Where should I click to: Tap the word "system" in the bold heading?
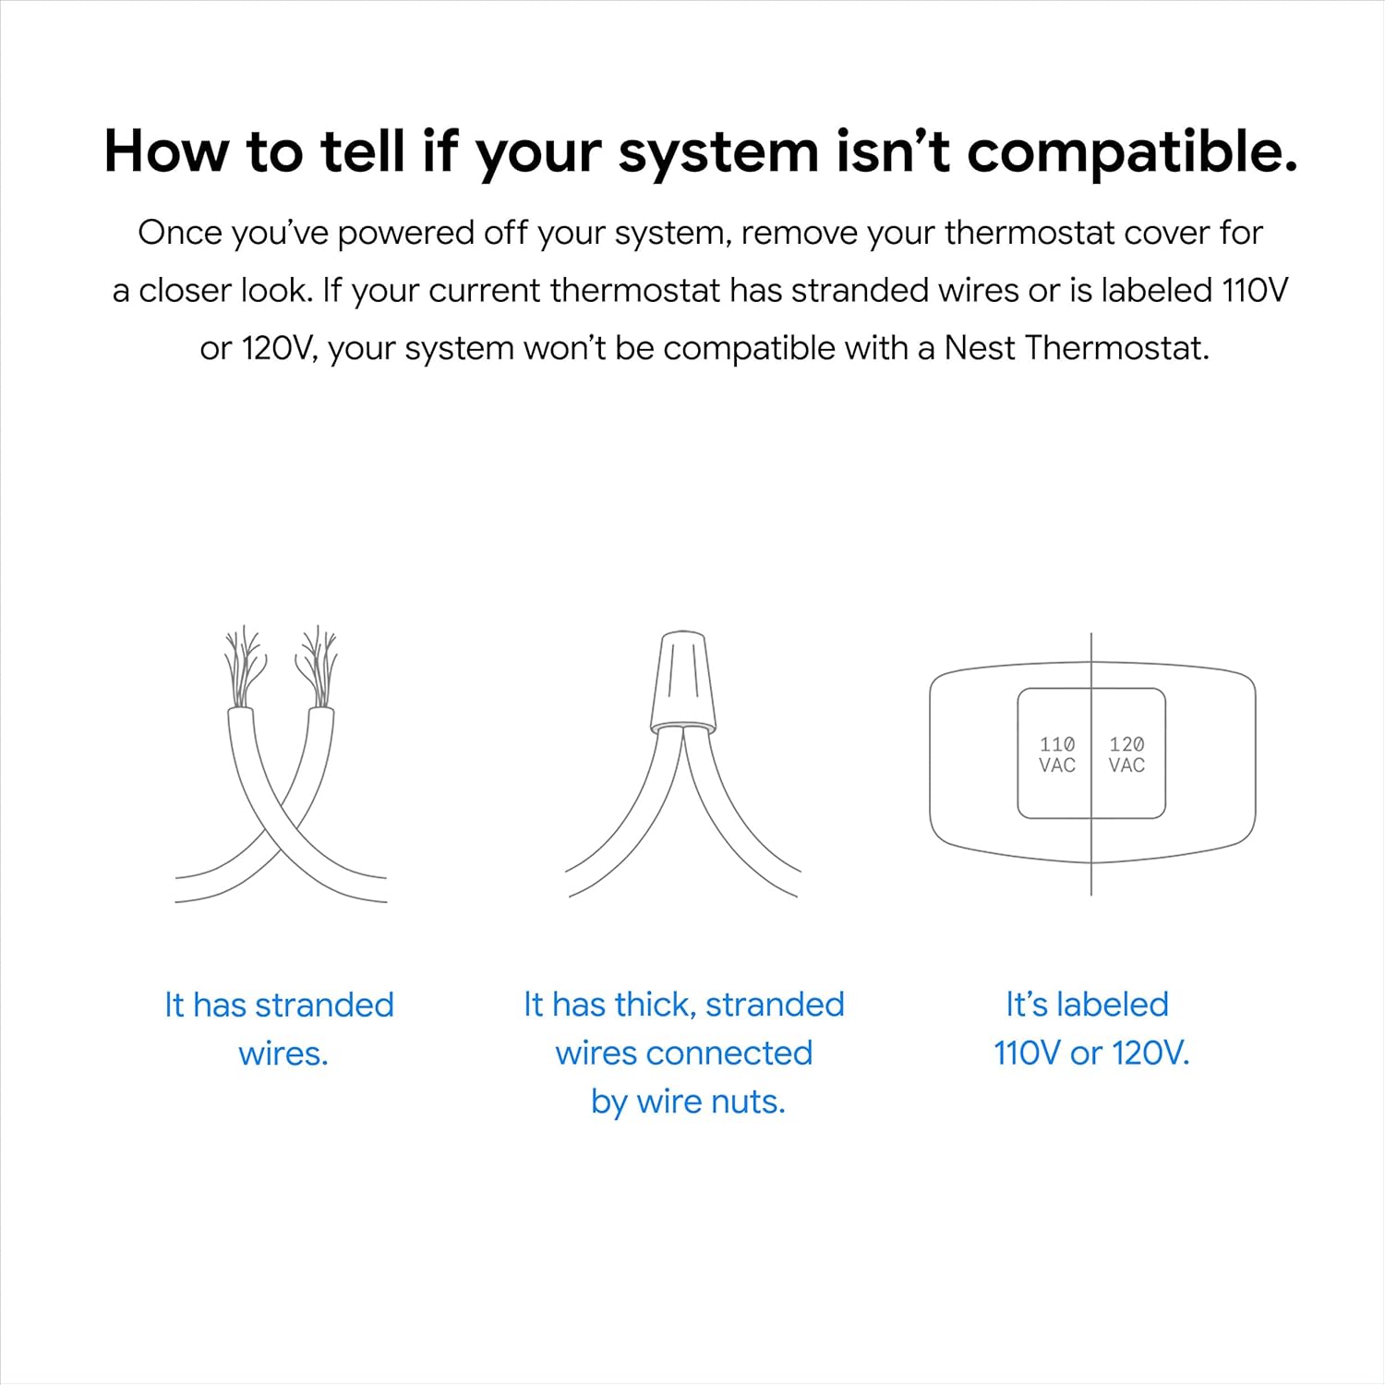pos(717,152)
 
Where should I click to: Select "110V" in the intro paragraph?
pos(1255,290)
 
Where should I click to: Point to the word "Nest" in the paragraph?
pos(979,348)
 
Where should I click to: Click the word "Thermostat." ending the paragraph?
pos(1117,348)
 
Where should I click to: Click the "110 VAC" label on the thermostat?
pos(1056,754)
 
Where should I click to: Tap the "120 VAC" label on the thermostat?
pos(1126,754)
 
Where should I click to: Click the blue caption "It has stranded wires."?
pos(280,1028)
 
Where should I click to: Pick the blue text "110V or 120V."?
pos(1091,1053)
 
